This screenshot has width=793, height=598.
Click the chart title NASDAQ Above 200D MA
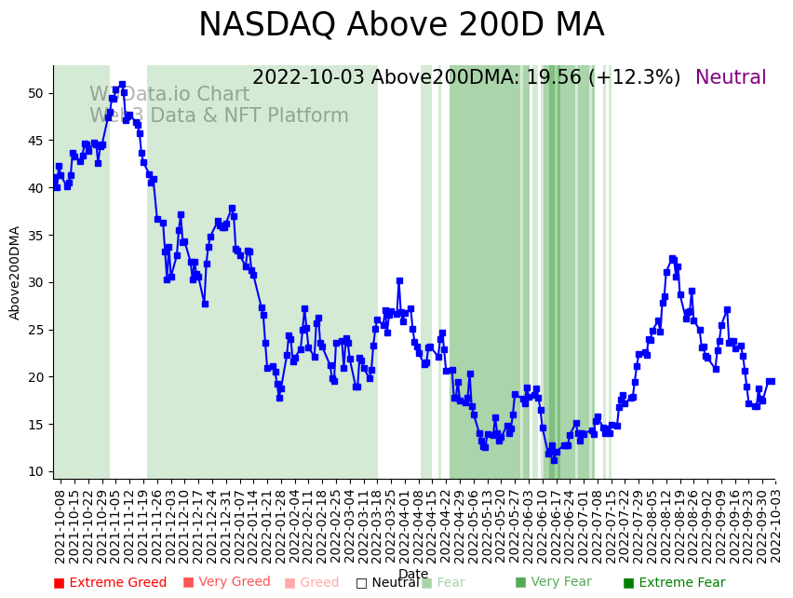pos(401,25)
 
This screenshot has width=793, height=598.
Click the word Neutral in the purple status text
pos(731,78)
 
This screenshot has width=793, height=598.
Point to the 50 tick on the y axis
pos(34,93)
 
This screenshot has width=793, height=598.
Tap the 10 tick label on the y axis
pos(34,471)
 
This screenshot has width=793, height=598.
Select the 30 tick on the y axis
pos(34,282)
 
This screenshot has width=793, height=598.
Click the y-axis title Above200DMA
pos(16,273)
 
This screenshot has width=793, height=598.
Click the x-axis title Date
pos(413,574)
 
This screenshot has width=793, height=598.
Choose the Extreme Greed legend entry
pos(110,583)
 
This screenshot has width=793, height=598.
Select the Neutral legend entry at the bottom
pos(387,583)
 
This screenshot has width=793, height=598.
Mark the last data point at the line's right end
pos(771,381)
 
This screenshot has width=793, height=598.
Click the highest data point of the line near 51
pos(122,85)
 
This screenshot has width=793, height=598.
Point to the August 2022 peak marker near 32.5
pos(672,259)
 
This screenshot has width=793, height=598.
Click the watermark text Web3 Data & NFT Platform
pos(219,116)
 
